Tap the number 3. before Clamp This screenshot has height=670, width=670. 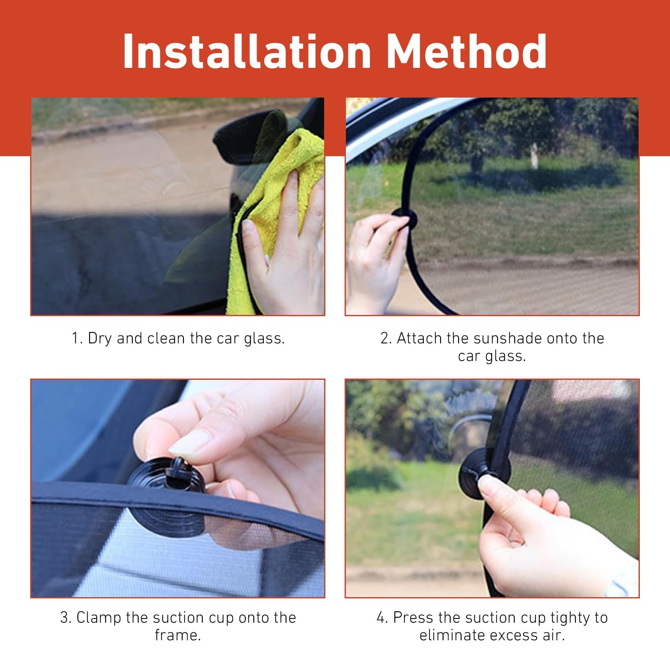(66, 618)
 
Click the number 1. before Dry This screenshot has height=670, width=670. (77, 338)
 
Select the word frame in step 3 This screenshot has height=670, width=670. (178, 635)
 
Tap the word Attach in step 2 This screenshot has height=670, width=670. (420, 338)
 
